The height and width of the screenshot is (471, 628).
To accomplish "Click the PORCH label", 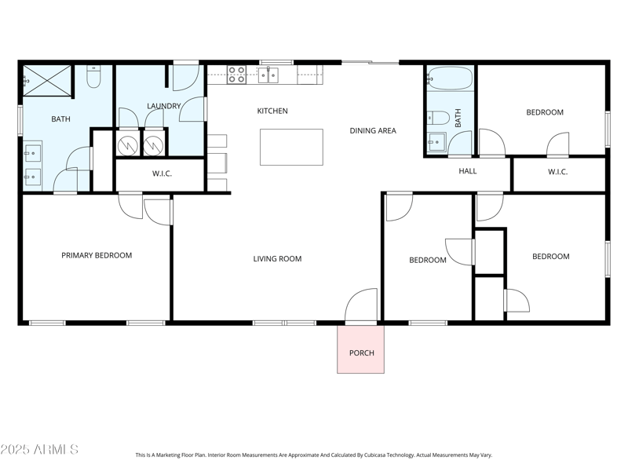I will click(361, 352).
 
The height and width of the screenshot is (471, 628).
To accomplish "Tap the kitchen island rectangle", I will click(291, 147).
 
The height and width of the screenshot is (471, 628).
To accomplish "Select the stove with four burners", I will click(236, 75).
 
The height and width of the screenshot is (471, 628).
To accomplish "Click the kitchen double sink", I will click(268, 75).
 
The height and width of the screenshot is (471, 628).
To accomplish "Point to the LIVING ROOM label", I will click(277, 259).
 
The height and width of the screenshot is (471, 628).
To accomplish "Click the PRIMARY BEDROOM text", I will click(97, 255).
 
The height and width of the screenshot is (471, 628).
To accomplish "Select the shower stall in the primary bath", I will click(46, 80).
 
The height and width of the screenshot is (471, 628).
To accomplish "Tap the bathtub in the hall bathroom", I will click(450, 79).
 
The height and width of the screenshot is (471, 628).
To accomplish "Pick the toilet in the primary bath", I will click(93, 76).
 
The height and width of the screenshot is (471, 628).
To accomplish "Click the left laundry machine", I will click(128, 145).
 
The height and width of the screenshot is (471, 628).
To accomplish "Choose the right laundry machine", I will click(154, 145).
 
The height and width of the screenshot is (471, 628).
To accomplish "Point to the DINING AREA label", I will click(372, 131).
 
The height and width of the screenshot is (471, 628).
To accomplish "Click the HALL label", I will click(467, 171).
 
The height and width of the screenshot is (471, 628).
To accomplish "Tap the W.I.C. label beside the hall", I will click(557, 172).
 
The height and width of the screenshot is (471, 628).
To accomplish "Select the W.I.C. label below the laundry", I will click(162, 173).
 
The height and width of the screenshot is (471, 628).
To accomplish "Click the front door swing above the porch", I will click(363, 305).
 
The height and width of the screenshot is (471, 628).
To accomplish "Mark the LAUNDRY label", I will click(164, 106).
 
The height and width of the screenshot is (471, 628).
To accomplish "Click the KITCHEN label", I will click(272, 111).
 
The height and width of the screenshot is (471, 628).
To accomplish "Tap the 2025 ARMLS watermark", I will click(39, 450).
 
